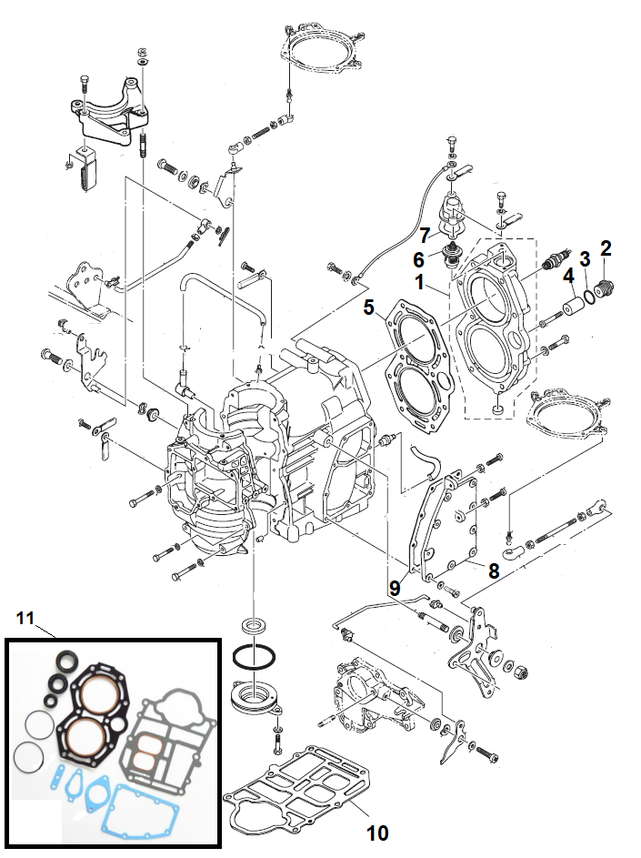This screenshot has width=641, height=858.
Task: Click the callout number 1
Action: [x=420, y=282]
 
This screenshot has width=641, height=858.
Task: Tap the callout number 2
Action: [x=605, y=248]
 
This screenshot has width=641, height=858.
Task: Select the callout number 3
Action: [x=585, y=259]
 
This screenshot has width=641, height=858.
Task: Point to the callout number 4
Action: [x=569, y=276]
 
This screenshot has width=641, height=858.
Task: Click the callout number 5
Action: [x=369, y=308]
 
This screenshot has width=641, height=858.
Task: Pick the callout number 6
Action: [x=418, y=258]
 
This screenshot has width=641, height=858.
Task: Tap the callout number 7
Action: [x=425, y=237]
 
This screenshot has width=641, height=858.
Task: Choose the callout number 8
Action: [x=494, y=570]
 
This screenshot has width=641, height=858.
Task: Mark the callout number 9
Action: [x=395, y=589]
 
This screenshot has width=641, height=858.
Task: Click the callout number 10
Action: [x=377, y=833]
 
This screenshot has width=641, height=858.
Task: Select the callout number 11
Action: [x=25, y=619]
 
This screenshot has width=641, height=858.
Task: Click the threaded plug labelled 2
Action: [x=605, y=288]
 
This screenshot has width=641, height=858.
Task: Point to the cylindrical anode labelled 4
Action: [x=572, y=304]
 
